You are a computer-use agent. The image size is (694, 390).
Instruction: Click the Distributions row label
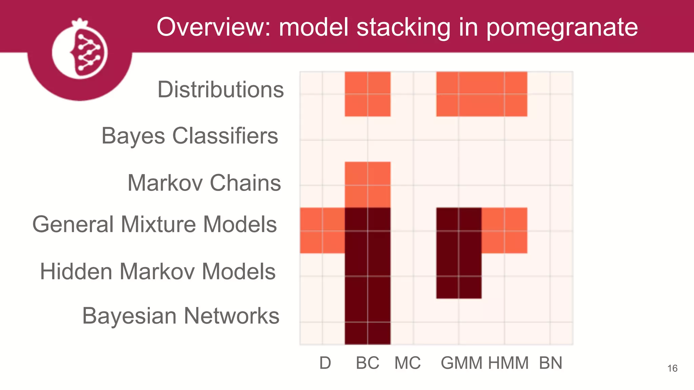point(221,90)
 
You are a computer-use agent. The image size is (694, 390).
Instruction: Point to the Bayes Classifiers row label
point(190,136)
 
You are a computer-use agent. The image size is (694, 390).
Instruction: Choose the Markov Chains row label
point(204,183)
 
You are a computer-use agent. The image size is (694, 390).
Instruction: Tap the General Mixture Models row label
point(155,224)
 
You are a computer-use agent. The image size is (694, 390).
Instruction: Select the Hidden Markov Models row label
point(158,272)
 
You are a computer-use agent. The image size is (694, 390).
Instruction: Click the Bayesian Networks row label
point(181,316)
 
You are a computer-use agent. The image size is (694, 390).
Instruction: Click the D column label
point(325,363)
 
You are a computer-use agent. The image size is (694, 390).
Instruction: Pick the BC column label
point(367,363)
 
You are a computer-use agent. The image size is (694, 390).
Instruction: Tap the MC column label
point(407,363)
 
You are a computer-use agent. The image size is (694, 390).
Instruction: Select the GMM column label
point(462,363)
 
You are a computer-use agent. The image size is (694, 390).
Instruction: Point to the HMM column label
point(508,363)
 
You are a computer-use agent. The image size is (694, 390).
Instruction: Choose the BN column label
point(551,363)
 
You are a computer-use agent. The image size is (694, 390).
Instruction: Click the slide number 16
point(672,368)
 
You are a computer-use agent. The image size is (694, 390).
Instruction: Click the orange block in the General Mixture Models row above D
point(322,231)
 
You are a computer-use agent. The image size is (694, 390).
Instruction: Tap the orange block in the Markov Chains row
point(368,185)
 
